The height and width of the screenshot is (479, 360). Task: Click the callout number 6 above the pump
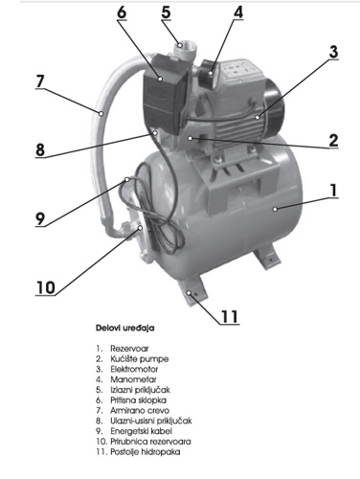click(x=122, y=12)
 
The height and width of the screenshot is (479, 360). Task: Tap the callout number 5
click(x=166, y=12)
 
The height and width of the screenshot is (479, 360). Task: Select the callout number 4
click(x=238, y=11)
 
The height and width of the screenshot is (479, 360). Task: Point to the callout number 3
click(x=333, y=52)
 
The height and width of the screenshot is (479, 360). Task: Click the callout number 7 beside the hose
click(x=40, y=81)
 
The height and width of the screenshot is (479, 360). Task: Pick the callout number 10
click(x=45, y=287)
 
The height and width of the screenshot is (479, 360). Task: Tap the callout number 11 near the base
click(x=230, y=316)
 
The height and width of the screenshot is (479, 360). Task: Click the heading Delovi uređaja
click(x=124, y=328)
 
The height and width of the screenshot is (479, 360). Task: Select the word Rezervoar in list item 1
click(x=129, y=349)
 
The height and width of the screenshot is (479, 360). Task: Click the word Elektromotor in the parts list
click(x=134, y=369)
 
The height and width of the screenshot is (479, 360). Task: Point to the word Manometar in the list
click(x=133, y=379)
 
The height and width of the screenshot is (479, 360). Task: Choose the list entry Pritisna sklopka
click(x=138, y=400)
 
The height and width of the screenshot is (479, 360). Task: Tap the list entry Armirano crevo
click(x=140, y=410)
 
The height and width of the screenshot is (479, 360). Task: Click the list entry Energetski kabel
click(x=142, y=431)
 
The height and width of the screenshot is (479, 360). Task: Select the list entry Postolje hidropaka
click(x=146, y=452)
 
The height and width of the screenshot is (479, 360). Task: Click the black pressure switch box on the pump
click(x=162, y=92)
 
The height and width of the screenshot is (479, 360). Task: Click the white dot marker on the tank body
click(x=275, y=209)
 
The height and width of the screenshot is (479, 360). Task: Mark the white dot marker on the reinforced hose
click(x=101, y=113)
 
